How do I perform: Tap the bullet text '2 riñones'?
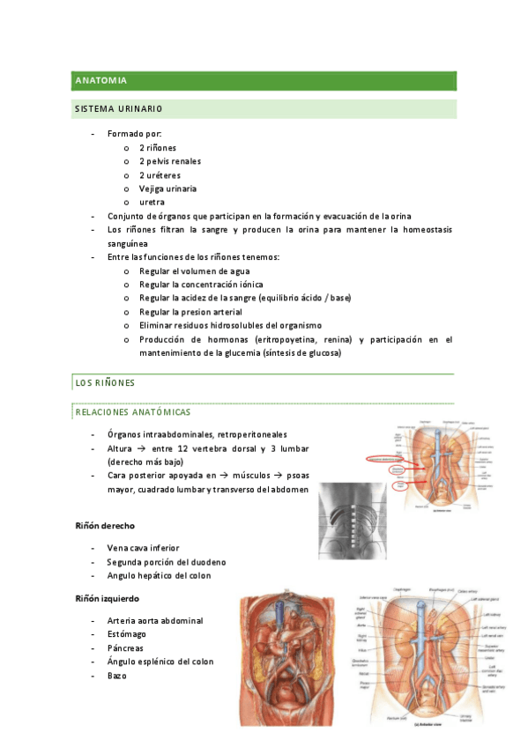158,148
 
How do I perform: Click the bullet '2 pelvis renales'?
170,161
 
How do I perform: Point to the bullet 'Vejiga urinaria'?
167,189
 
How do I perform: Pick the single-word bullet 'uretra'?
152,202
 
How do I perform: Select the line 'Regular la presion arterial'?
190,312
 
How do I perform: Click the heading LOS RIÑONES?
100,383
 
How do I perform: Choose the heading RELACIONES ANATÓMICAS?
132,411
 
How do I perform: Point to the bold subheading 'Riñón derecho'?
104,526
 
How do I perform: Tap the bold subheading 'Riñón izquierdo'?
108,599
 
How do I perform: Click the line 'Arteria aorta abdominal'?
155,620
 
